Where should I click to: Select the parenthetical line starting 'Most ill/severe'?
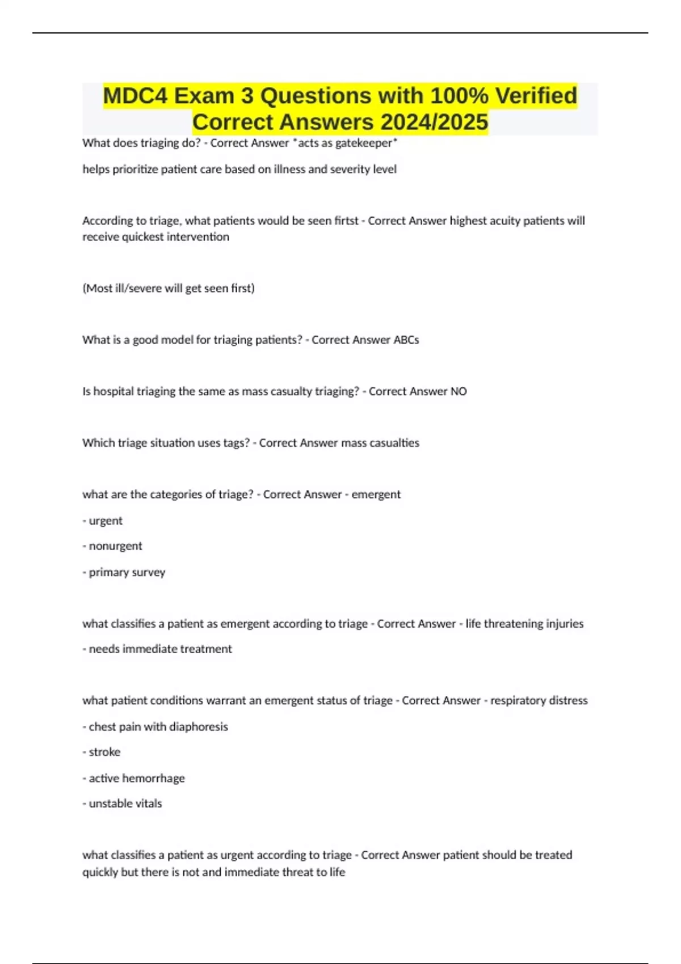pos(169,288)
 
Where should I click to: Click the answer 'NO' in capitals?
pos(459,391)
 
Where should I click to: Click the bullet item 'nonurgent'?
pos(115,546)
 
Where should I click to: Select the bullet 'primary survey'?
pos(127,572)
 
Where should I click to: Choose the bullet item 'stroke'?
pos(104,752)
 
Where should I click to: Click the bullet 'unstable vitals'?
pos(125,804)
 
